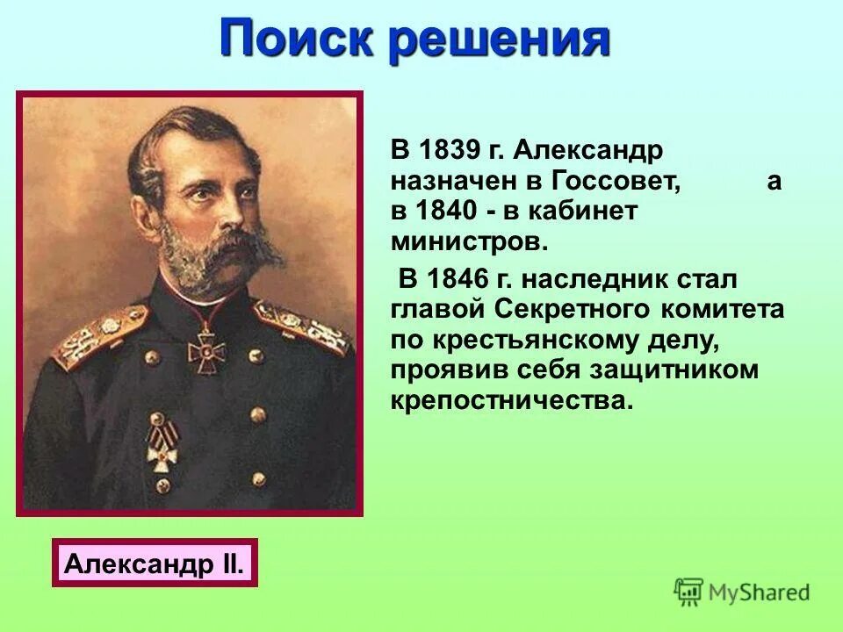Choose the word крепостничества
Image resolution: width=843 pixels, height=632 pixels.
coord(511,399)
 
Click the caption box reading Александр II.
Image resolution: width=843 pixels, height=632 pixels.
coord(155,563)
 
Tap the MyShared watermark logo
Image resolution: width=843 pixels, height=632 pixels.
coord(742,592)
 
